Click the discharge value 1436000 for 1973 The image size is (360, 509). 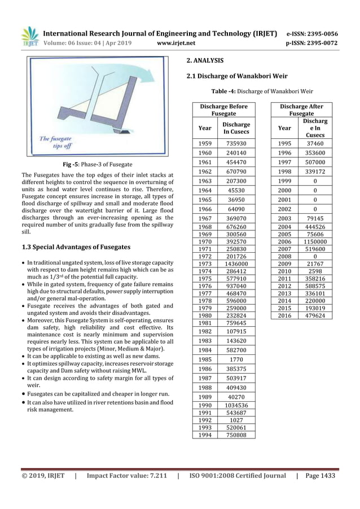229,264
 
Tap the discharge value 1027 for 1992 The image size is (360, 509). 229,420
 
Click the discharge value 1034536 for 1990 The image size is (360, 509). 229,406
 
